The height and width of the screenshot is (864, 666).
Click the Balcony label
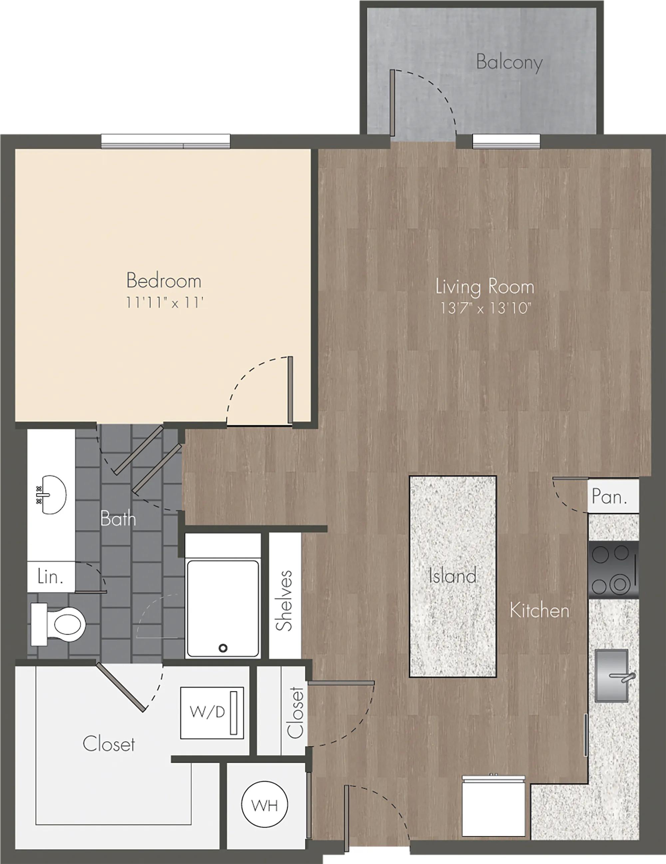(x=509, y=63)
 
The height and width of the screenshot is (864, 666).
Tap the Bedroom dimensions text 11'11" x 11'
(x=165, y=303)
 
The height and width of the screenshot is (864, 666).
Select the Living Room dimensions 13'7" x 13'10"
(x=485, y=308)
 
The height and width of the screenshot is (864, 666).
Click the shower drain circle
(x=223, y=648)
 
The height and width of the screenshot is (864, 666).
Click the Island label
(x=453, y=576)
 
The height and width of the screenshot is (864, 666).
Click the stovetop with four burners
(x=613, y=570)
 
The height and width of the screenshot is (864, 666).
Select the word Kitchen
(x=539, y=611)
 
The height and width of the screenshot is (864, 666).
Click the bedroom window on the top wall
(x=166, y=141)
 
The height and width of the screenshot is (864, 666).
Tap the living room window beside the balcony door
(x=506, y=141)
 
